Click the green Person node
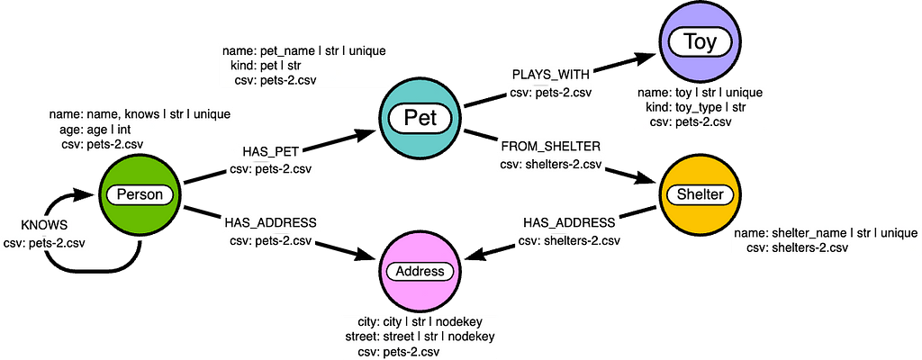pyautogui.click(x=139, y=194)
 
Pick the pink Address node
pyautogui.click(x=420, y=271)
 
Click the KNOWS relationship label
pyautogui.click(x=44, y=225)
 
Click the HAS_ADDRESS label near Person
pyautogui.click(x=270, y=223)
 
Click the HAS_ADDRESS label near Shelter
pyautogui.click(x=569, y=223)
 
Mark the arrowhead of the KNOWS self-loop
pyautogui.click(x=86, y=194)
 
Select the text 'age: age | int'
pyautogui.click(x=87, y=128)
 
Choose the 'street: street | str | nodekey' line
pyautogui.click(x=420, y=337)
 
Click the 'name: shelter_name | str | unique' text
pyautogui.click(x=826, y=232)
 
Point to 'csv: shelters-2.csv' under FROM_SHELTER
pyautogui.click(x=551, y=165)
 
